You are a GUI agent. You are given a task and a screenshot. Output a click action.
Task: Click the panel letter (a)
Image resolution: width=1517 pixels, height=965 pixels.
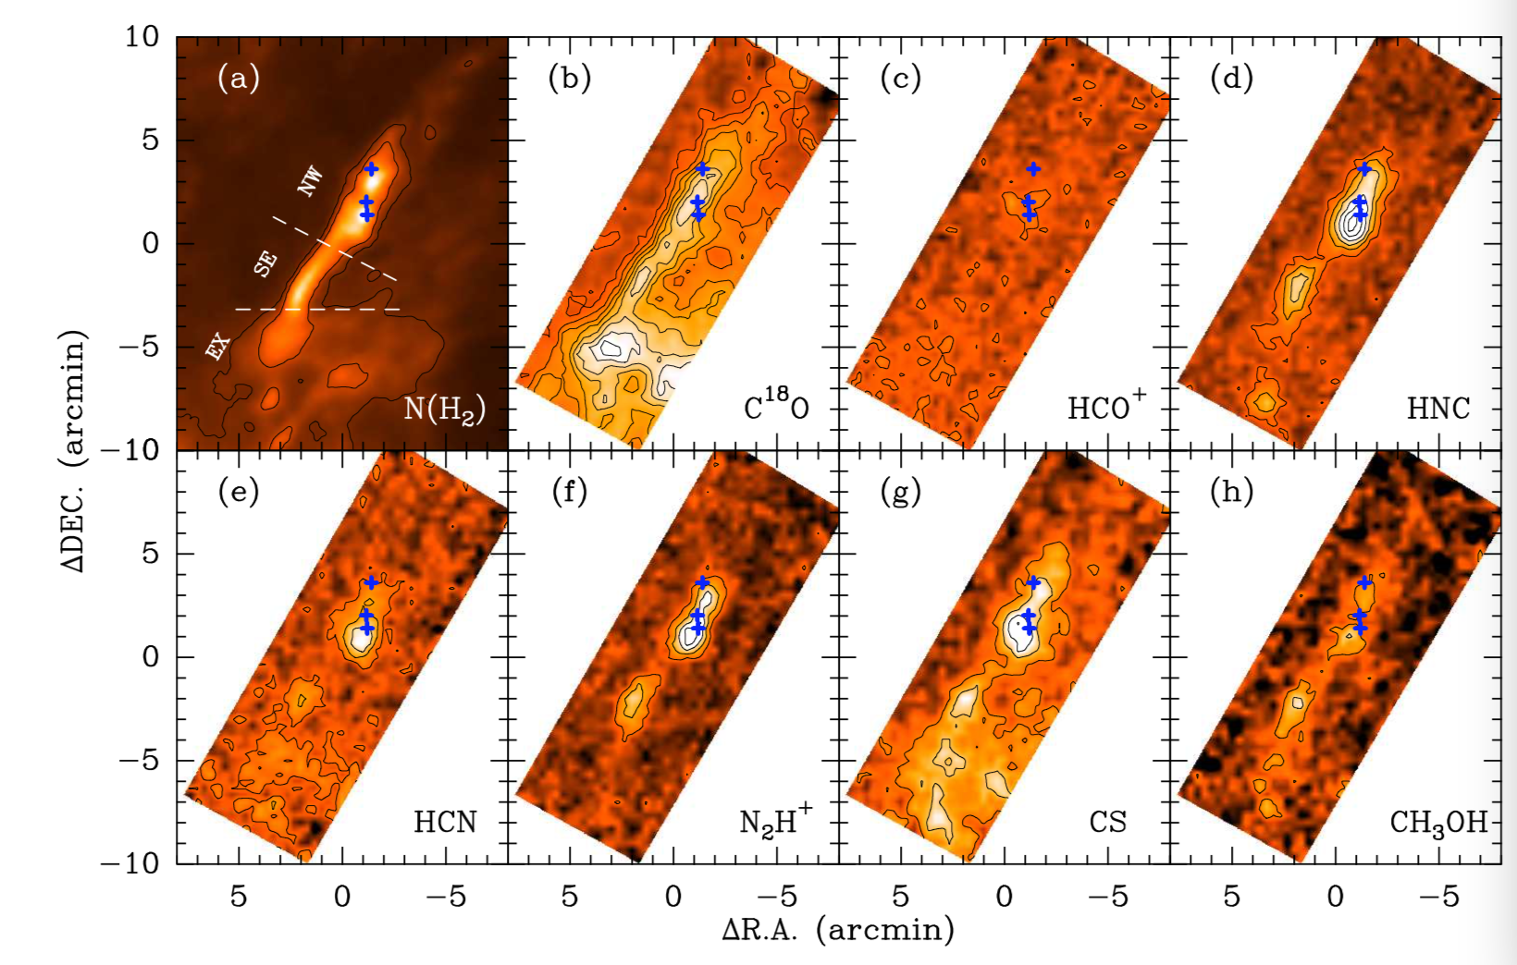click(239, 79)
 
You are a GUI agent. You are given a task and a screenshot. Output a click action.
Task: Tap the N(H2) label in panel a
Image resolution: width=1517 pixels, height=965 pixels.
click(444, 408)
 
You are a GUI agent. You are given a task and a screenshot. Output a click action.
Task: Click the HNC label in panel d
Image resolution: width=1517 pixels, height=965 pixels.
click(1438, 408)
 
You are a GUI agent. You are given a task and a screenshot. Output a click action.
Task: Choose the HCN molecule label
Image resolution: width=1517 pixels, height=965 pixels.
click(445, 821)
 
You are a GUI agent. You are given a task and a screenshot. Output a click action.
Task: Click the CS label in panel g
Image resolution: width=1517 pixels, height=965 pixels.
click(1107, 821)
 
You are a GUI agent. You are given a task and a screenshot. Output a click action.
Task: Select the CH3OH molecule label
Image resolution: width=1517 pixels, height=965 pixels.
click(1438, 822)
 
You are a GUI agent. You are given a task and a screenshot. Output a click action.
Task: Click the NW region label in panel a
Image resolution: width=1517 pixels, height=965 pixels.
click(310, 181)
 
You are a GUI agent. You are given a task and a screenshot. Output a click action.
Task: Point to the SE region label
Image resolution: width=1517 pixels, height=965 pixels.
click(265, 263)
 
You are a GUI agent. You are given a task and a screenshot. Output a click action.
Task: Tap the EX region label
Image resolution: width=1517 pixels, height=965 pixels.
click(217, 347)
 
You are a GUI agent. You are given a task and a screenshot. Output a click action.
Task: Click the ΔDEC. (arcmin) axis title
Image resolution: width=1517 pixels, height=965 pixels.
click(74, 449)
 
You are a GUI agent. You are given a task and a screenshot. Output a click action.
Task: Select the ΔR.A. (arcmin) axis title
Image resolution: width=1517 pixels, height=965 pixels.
click(838, 930)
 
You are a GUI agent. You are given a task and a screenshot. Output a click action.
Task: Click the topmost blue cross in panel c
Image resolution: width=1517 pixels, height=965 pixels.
click(1033, 169)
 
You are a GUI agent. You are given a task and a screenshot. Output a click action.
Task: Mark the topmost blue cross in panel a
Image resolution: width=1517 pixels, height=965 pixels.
click(371, 169)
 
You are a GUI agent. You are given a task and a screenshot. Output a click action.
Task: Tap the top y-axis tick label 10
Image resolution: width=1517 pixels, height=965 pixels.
click(143, 37)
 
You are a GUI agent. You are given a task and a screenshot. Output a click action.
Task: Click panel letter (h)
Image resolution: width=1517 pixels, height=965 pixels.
click(1231, 492)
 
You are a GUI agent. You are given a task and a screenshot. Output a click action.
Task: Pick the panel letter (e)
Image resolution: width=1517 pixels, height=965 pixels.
click(239, 492)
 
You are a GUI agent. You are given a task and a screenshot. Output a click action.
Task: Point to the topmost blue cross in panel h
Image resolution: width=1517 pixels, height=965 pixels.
click(1364, 582)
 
